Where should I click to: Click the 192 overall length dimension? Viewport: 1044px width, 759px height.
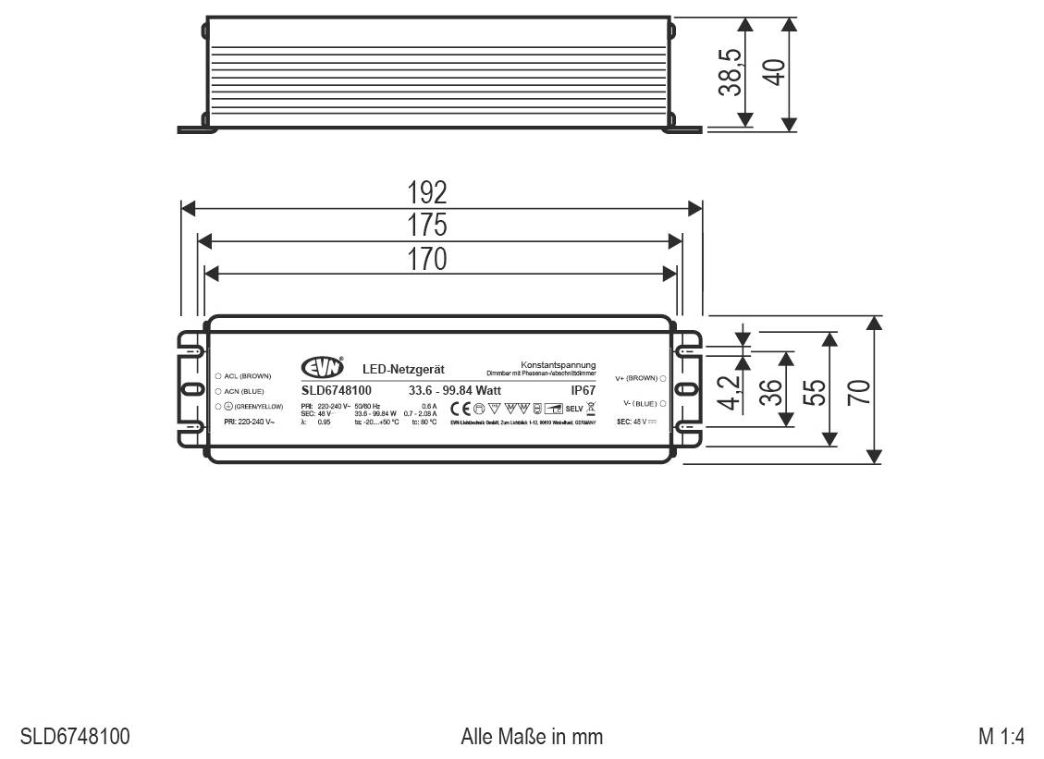click(427, 192)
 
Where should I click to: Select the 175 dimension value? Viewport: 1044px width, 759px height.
click(427, 226)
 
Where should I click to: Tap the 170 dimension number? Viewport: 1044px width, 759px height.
click(427, 259)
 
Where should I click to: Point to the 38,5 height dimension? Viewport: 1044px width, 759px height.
click(731, 72)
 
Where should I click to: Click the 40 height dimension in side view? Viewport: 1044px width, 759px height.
click(775, 72)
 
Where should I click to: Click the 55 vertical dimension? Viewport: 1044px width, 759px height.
click(814, 391)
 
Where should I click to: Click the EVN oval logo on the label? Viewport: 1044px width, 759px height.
click(323, 368)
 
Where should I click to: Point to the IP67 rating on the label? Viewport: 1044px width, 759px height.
click(583, 390)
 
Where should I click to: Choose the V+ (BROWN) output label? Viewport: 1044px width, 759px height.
click(635, 378)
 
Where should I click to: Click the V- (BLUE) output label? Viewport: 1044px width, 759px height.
click(639, 403)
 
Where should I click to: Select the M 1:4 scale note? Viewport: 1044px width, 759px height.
click(1001, 737)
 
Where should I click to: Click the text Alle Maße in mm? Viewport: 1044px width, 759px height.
click(532, 737)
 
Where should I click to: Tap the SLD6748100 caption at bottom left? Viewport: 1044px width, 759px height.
click(75, 737)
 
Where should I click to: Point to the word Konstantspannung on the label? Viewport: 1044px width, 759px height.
click(558, 365)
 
